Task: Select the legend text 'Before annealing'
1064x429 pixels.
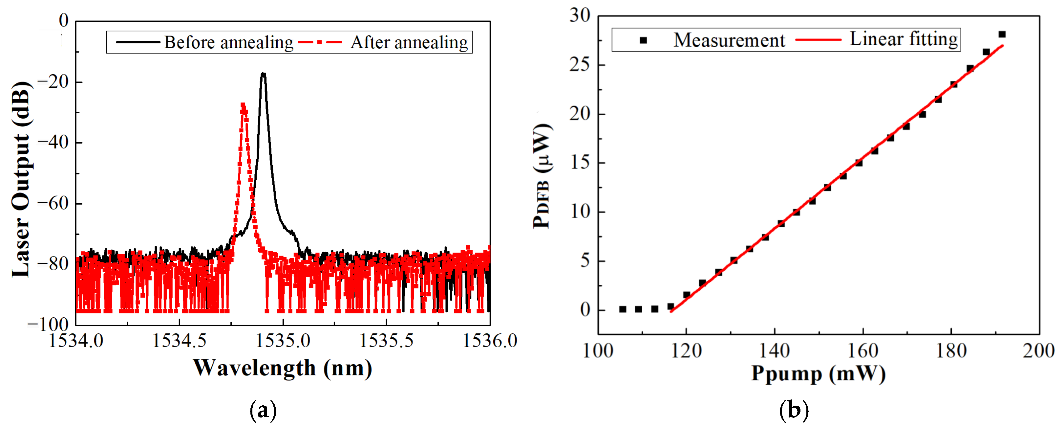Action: point(228,43)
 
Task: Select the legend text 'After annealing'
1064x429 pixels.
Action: point(409,43)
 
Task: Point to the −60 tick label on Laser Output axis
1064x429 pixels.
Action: point(53,203)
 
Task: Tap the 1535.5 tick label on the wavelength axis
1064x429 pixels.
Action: point(386,341)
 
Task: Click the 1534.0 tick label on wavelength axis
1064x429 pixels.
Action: point(76,341)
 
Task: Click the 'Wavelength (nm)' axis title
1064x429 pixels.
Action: point(283,368)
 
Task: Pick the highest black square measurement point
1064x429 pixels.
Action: point(1002,34)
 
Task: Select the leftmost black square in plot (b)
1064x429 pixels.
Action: point(623,309)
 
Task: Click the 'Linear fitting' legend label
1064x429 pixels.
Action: point(903,39)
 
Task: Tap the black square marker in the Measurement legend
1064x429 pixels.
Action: point(643,40)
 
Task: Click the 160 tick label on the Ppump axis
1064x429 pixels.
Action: point(862,351)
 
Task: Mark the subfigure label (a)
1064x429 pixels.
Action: point(263,410)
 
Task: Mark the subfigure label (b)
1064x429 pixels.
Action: point(794,410)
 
